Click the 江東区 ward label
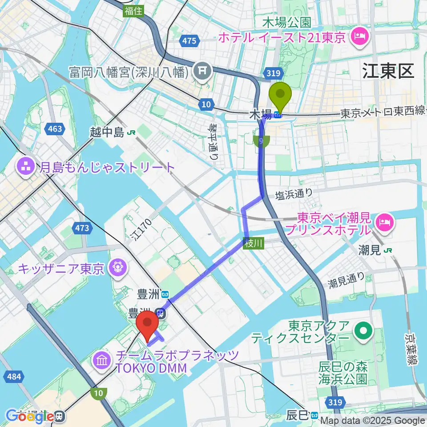pos(388,71)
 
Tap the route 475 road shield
pos(189,41)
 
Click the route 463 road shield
pos(54,129)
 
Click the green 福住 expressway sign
pos(133,11)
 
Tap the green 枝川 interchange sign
pos(254,243)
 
